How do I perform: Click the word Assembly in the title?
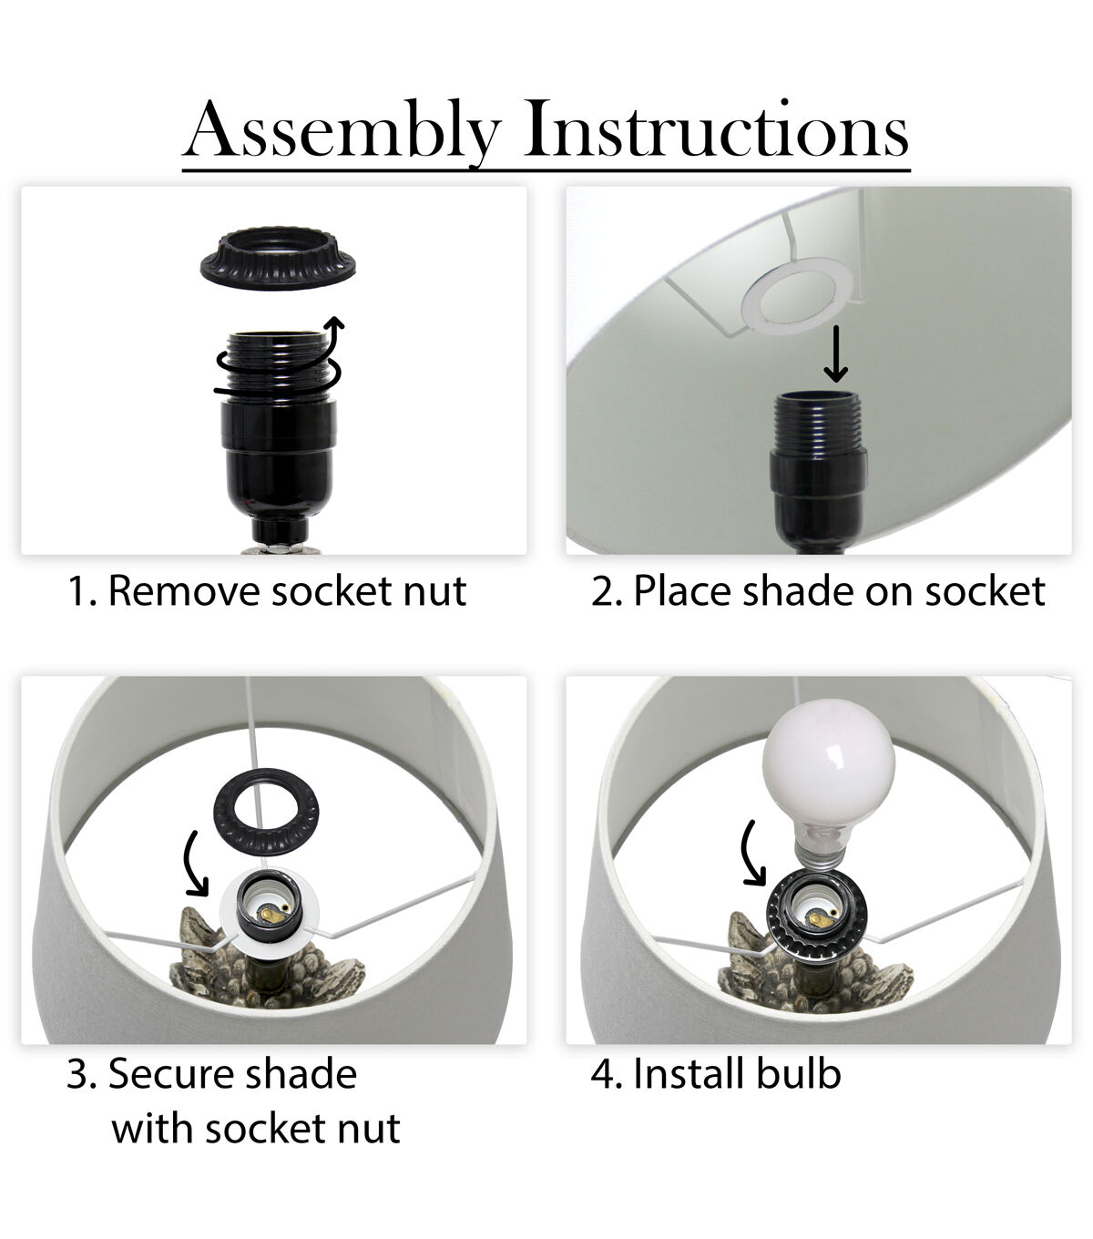tap(342, 131)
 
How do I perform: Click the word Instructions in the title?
tap(716, 128)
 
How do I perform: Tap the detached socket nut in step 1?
tap(278, 257)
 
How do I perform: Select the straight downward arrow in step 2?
tap(835, 353)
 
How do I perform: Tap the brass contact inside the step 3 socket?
tap(273, 915)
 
